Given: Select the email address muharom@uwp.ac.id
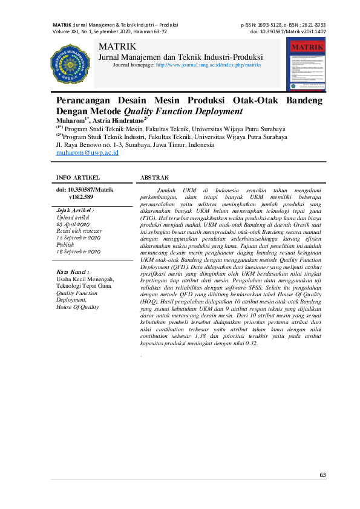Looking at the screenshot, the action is pos(87,154).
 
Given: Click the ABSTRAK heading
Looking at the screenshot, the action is pos(154,178).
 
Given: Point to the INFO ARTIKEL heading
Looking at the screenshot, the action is pos(77,178).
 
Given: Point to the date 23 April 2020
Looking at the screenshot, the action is pos(73,224).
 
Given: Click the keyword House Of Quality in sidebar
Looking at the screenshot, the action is pos(77,306).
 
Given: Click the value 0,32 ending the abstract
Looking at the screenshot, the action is pos(249,343).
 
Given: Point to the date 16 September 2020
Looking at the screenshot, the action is pos(78,251).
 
